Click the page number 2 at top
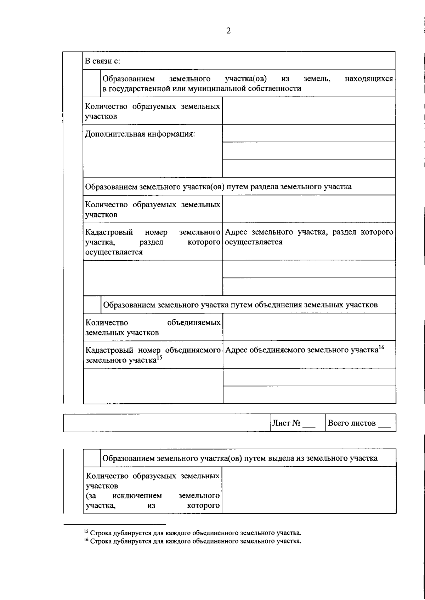pyautogui.click(x=228, y=31)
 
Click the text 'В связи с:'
pyautogui.click(x=103, y=61)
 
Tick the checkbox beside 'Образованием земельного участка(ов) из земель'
pyautogui.click(x=92, y=83)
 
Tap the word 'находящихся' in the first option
pyautogui.click(x=369, y=79)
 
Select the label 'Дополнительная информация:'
pyautogui.click(x=140, y=134)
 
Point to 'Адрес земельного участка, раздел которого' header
pyautogui.click(x=309, y=232)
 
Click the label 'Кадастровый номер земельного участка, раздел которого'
pyautogui.click(x=153, y=242)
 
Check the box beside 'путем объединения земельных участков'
pyautogui.click(x=92, y=305)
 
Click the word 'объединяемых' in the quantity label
pyautogui.click(x=193, y=323)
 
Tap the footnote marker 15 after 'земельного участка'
pyautogui.click(x=159, y=358)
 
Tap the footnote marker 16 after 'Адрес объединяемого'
pyautogui.click(x=381, y=347)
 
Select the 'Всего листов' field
pyautogui.click(x=359, y=423)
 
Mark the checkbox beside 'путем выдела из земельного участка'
pyautogui.click(x=92, y=458)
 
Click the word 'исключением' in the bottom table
pyautogui.click(x=137, y=496)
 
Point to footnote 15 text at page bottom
pyautogui.click(x=193, y=532)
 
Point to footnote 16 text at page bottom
pyautogui.click(x=193, y=541)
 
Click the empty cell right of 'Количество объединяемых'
pyautogui.click(x=309, y=327)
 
